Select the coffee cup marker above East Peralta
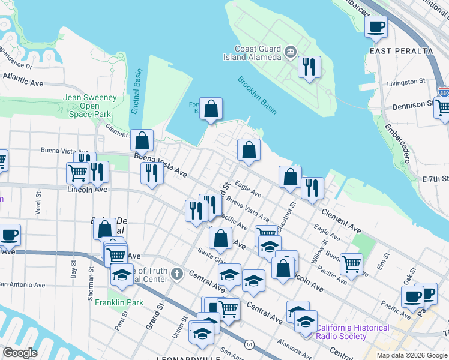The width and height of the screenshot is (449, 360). point(376,26)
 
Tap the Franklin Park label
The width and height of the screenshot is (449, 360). point(119,302)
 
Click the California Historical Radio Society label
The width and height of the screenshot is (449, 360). point(353,332)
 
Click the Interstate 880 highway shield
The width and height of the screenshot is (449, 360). point(444,93)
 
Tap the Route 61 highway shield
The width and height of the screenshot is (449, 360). point(249,344)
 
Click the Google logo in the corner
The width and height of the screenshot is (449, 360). point(20,353)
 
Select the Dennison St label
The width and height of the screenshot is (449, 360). point(412,106)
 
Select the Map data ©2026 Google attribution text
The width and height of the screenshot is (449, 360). point(411,355)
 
